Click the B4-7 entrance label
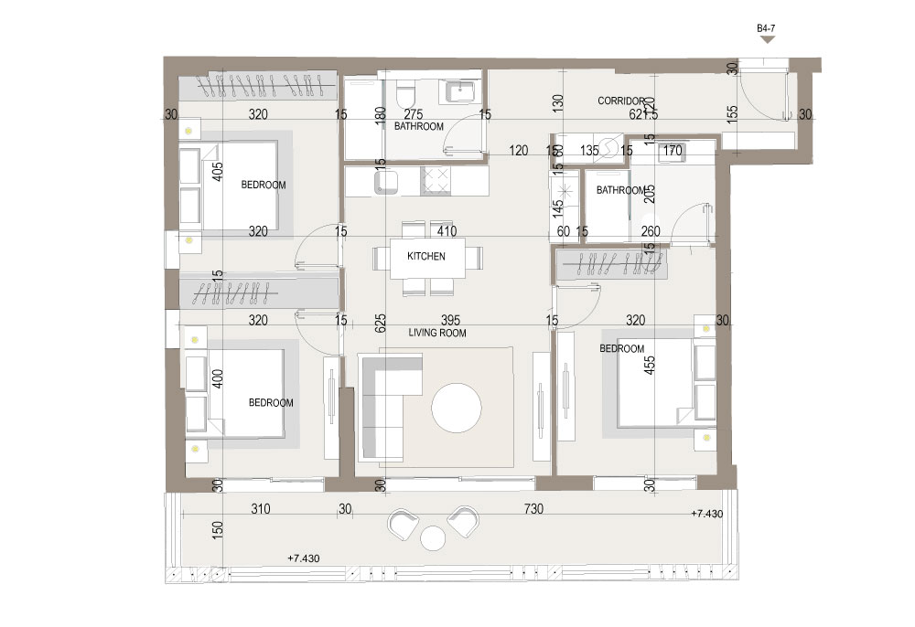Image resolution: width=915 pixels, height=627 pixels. [767, 29]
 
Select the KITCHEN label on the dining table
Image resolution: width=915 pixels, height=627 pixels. [426, 257]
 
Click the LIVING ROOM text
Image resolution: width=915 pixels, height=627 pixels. [437, 334]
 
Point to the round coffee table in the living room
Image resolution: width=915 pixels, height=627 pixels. [457, 407]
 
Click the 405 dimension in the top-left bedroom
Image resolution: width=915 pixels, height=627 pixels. [218, 174]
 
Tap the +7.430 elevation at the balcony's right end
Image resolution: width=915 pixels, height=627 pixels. [707, 515]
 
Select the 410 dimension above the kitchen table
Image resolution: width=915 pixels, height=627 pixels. [447, 232]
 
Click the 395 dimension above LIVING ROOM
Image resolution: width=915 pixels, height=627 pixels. [448, 320]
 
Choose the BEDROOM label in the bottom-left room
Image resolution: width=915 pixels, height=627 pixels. [271, 403]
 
